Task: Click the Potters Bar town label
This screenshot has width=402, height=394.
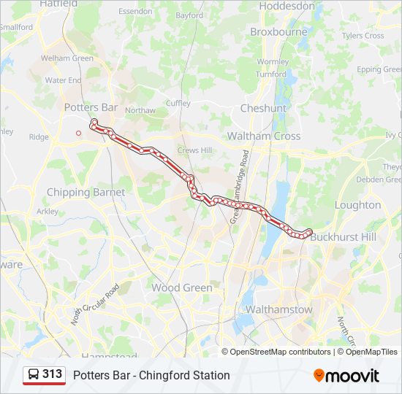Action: (x=91, y=107)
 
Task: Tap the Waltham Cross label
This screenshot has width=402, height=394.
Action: (x=263, y=136)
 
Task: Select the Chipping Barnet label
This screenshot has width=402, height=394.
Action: (x=86, y=193)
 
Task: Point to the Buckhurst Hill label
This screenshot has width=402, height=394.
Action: (x=342, y=237)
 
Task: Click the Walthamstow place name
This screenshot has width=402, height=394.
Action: (x=278, y=309)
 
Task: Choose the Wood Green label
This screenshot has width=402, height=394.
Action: (x=182, y=287)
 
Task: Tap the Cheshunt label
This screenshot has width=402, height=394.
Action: (x=263, y=108)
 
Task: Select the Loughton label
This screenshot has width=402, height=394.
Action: (x=357, y=205)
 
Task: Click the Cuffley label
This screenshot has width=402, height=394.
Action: (x=178, y=104)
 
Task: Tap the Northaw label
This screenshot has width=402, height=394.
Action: (x=140, y=110)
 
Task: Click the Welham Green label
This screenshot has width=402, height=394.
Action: (x=67, y=58)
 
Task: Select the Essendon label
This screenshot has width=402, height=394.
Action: (x=134, y=12)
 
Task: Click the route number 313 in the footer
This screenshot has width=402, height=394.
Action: (x=52, y=374)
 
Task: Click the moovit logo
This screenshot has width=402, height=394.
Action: (x=346, y=376)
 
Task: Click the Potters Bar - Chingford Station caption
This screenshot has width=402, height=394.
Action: (x=151, y=375)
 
